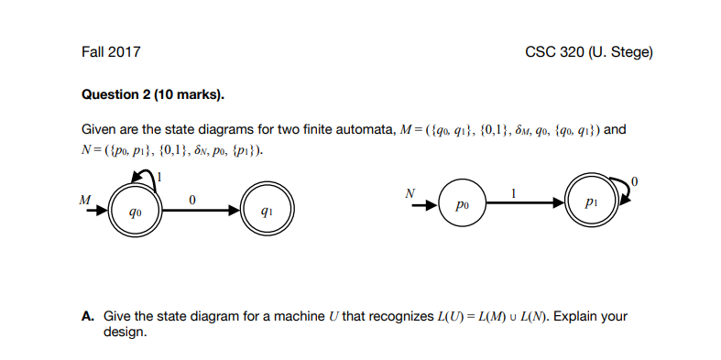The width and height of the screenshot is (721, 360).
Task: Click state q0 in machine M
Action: tap(137, 212)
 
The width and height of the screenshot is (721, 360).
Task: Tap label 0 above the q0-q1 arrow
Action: tap(191, 200)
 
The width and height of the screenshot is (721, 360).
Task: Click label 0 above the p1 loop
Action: tap(635, 177)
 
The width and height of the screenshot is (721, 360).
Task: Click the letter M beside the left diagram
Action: tap(85, 198)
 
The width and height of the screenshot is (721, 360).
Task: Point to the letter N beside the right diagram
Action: tap(410, 192)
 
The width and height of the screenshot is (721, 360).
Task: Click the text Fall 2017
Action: tap(111, 52)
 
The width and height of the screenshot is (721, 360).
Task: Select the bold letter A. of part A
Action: tap(88, 317)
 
